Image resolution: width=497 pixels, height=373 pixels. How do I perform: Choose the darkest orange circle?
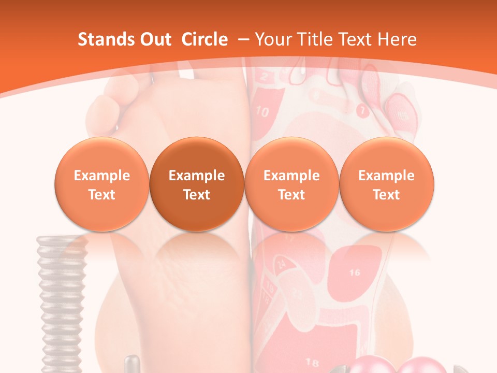(197, 184)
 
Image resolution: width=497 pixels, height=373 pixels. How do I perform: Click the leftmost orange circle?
(102, 184)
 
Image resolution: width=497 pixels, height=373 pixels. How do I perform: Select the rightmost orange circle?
(387, 184)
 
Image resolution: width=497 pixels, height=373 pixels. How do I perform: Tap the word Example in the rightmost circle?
(387, 176)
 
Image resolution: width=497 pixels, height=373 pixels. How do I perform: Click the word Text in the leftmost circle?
(102, 195)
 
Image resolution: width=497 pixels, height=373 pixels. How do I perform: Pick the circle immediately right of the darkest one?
(291, 184)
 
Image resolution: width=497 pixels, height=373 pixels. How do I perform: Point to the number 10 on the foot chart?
(263, 112)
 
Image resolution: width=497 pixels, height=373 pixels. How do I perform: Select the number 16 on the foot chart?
(355, 272)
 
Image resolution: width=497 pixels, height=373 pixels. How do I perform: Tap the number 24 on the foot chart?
(282, 263)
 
